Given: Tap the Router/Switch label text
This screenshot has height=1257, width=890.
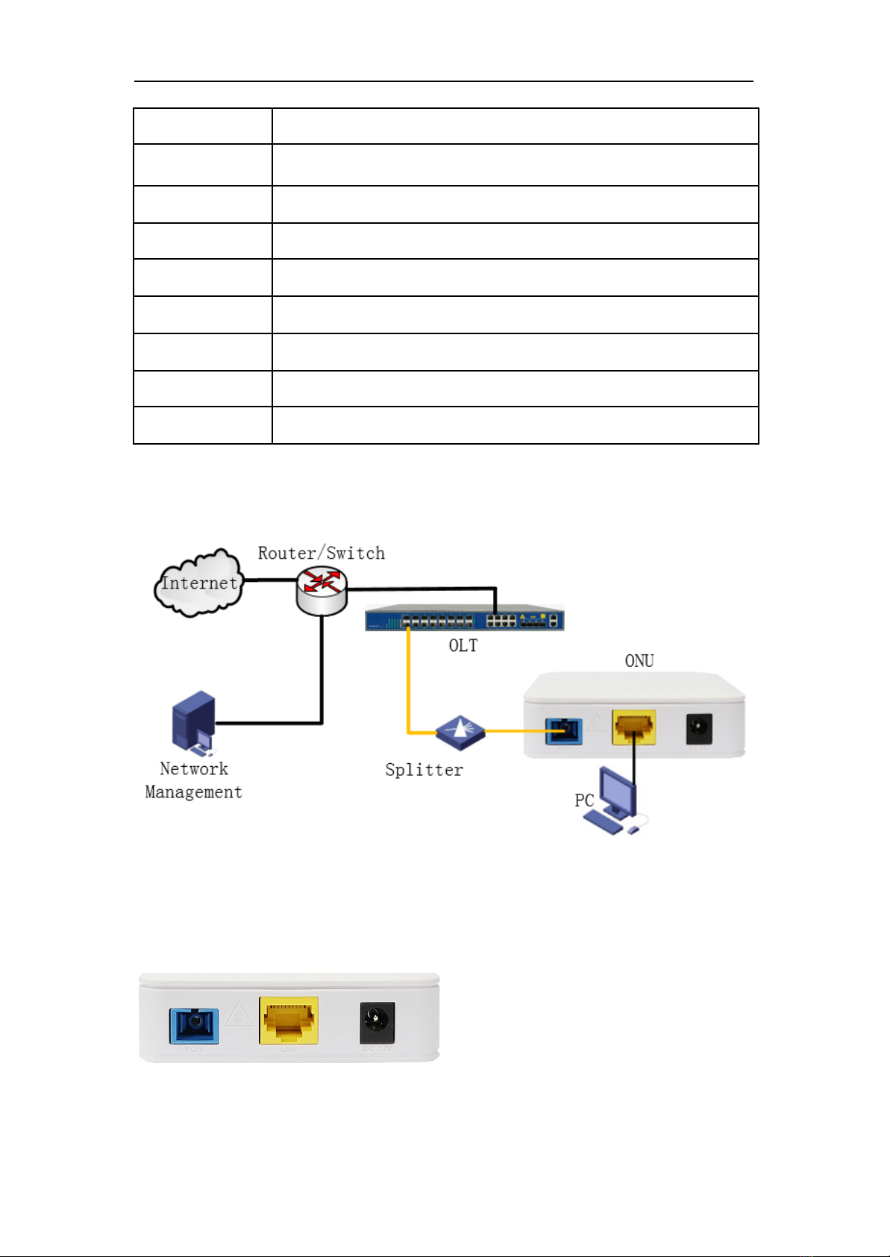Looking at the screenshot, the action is pyautogui.click(x=322, y=553).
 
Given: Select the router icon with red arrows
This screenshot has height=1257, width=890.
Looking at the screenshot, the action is pyautogui.click(x=322, y=589).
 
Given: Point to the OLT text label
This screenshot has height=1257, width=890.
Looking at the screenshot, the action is pyautogui.click(x=463, y=646).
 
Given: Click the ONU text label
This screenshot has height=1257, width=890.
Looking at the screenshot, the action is pyautogui.click(x=639, y=661).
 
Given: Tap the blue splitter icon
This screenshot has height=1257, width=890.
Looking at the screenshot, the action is pyautogui.click(x=460, y=732).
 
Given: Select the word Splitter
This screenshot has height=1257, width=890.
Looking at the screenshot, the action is pyautogui.click(x=424, y=770).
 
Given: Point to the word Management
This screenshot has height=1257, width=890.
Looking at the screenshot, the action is pyautogui.click(x=193, y=792).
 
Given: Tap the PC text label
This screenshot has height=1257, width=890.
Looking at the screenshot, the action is pyautogui.click(x=584, y=800).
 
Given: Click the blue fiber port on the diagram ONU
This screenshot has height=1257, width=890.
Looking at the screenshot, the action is pyautogui.click(x=563, y=732).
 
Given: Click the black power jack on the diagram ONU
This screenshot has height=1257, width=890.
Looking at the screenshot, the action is pyautogui.click(x=699, y=730).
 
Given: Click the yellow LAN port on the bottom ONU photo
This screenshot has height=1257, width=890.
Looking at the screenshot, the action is pyautogui.click(x=289, y=1021).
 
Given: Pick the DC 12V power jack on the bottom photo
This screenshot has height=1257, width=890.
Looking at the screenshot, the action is pyautogui.click(x=377, y=1022).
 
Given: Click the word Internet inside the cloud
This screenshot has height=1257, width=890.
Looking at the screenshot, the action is pyautogui.click(x=199, y=583).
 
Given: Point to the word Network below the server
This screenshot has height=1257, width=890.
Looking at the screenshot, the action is pyautogui.click(x=193, y=769).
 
